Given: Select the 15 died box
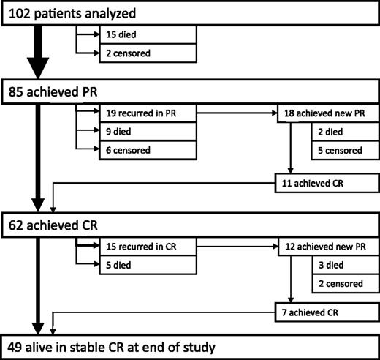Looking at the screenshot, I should pyautogui.click(x=146, y=34).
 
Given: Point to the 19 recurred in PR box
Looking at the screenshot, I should pyautogui.click(x=146, y=114).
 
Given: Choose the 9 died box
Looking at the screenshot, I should pyautogui.click(x=146, y=132).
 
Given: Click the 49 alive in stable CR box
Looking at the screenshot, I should pyautogui.click(x=190, y=346).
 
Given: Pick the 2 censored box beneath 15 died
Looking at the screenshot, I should pyautogui.click(x=146, y=52).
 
